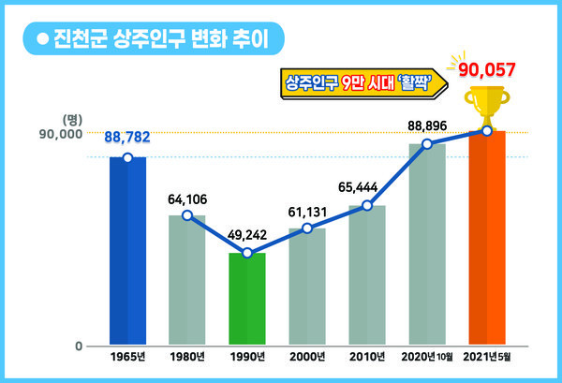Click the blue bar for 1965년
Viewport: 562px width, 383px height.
(x=127, y=251)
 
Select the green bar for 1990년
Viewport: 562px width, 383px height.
(x=247, y=299)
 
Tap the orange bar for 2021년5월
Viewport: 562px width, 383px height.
(x=486, y=239)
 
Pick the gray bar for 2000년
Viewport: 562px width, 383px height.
(x=306, y=287)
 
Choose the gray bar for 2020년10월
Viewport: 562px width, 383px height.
(x=426, y=244)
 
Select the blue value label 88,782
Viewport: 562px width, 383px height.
(x=127, y=138)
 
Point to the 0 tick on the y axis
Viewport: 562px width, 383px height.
(x=79, y=346)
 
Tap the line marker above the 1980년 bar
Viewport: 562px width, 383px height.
(x=187, y=215)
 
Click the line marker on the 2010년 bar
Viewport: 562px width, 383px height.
(x=367, y=205)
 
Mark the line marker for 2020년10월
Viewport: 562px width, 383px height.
(x=426, y=144)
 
